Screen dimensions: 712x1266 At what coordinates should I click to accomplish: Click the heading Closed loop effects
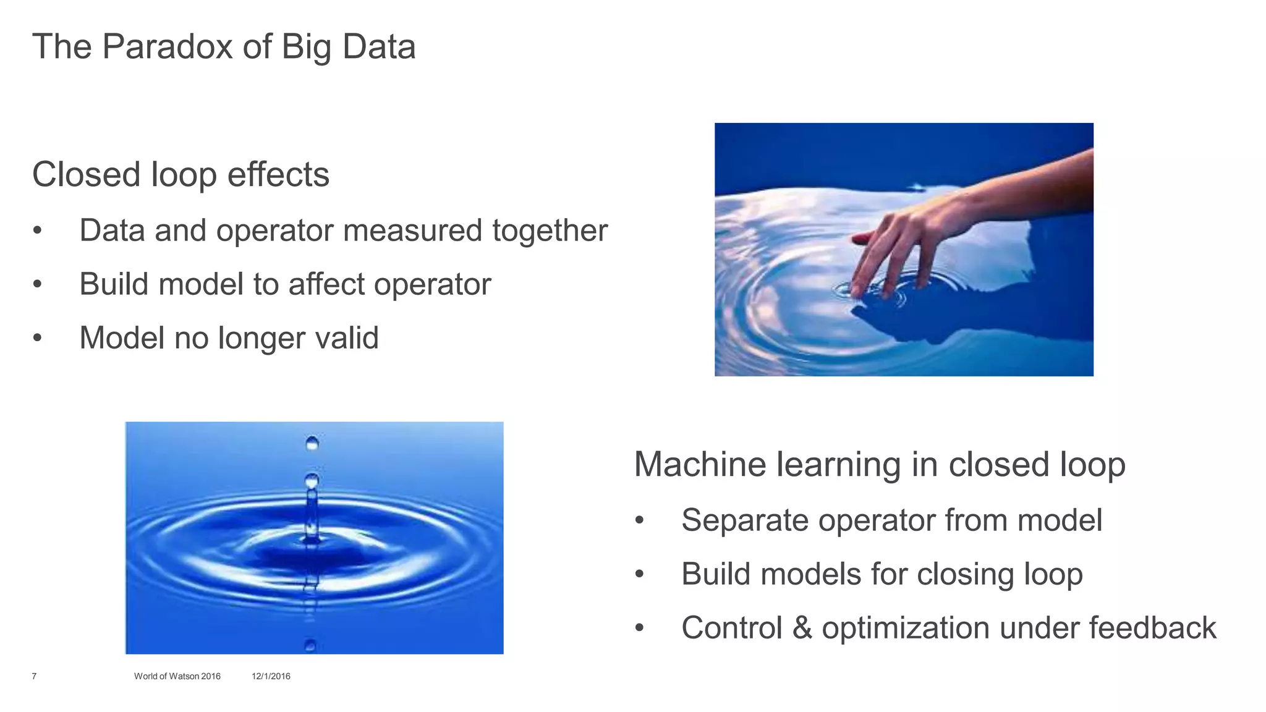[x=181, y=174]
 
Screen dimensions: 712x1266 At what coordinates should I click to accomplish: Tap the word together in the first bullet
[x=550, y=231]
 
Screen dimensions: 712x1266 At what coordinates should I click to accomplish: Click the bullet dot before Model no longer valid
[x=38, y=338]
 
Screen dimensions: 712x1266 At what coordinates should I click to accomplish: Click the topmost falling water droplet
[x=312, y=443]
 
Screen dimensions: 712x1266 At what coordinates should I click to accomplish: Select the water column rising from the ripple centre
[x=312, y=516]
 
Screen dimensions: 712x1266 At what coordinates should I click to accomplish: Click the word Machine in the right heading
[x=700, y=465]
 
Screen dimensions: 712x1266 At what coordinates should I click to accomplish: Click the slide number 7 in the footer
[x=34, y=676]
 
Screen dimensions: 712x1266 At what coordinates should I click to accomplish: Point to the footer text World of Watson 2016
[x=177, y=676]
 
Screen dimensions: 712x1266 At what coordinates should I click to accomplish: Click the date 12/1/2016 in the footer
[x=271, y=676]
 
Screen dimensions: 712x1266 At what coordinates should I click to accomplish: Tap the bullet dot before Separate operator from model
[x=640, y=520]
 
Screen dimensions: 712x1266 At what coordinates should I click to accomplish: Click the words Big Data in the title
[x=348, y=47]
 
